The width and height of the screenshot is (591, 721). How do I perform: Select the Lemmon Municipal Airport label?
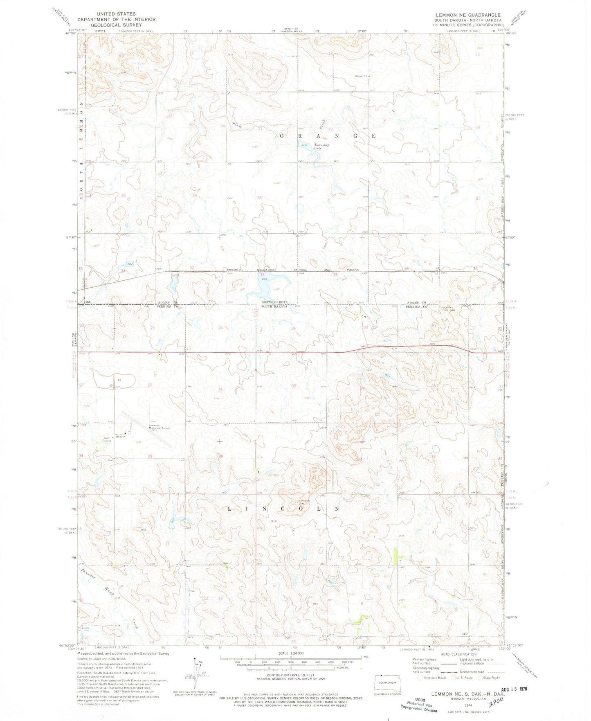[x=159, y=428]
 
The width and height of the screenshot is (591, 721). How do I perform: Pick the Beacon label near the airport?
[x=120, y=437]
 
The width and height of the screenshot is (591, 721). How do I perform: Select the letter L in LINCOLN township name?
[x=229, y=509]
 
